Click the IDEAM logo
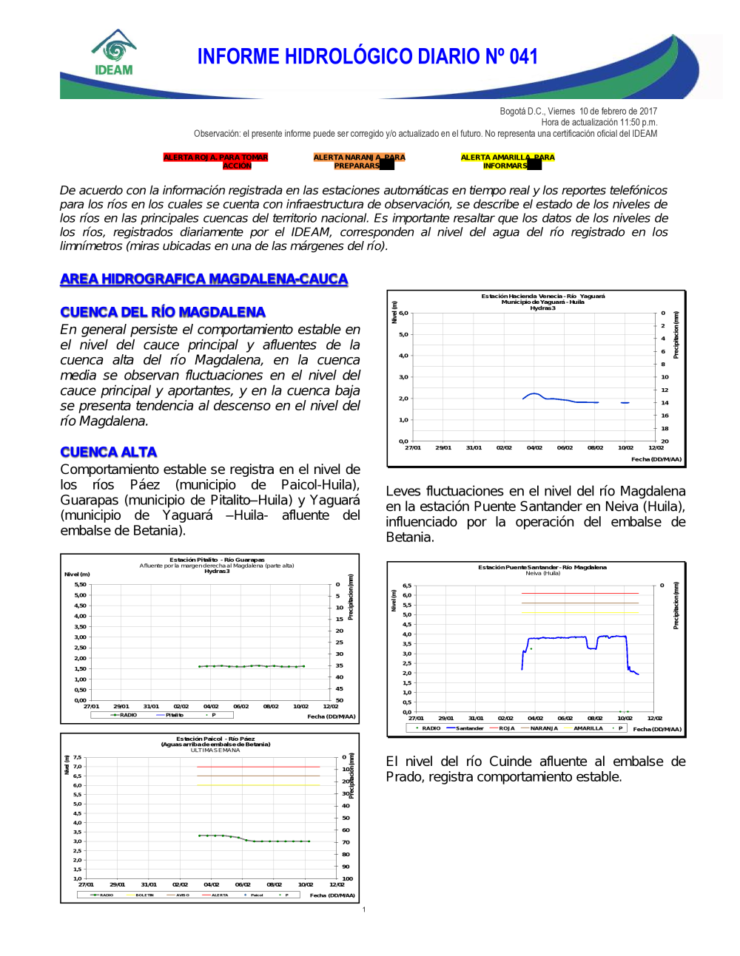(114, 53)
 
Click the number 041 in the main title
(524, 57)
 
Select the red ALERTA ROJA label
(215, 161)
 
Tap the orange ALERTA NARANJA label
(359, 161)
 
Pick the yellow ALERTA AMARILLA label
(507, 161)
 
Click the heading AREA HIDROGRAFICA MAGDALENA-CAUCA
(203, 279)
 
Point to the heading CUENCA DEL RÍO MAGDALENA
(163, 312)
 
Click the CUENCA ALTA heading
(109, 452)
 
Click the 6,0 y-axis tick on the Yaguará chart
(404, 313)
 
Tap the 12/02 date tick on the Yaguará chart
(656, 447)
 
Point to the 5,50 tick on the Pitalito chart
(80, 584)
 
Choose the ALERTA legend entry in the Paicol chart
(219, 895)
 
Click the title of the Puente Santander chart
(542, 568)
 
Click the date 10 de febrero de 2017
(618, 112)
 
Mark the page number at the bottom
(364, 909)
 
